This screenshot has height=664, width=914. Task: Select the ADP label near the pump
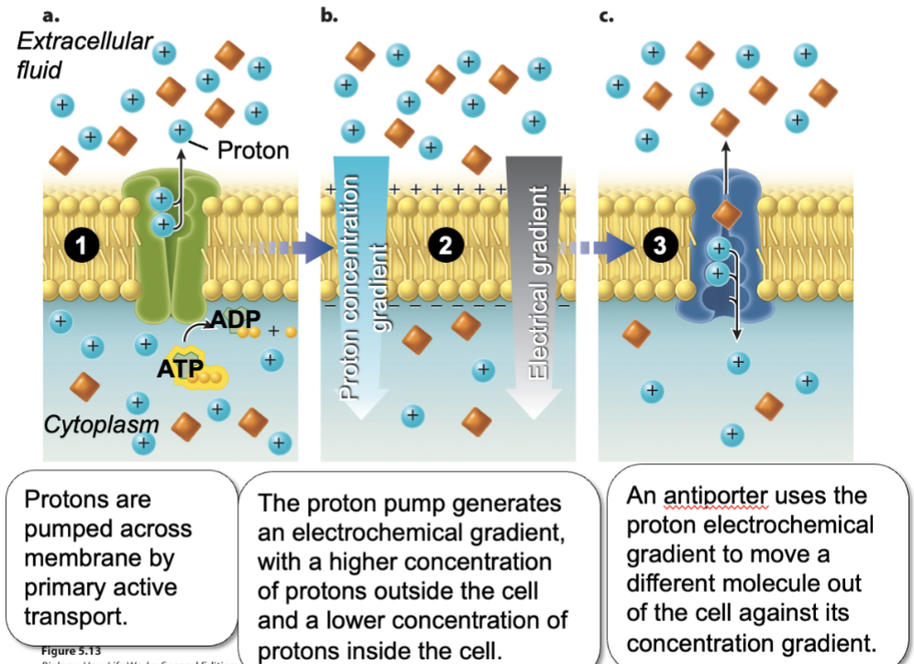236,321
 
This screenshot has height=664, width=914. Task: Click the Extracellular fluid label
83,54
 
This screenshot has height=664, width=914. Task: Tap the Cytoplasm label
101,424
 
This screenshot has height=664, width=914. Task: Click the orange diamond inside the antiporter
726,215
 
